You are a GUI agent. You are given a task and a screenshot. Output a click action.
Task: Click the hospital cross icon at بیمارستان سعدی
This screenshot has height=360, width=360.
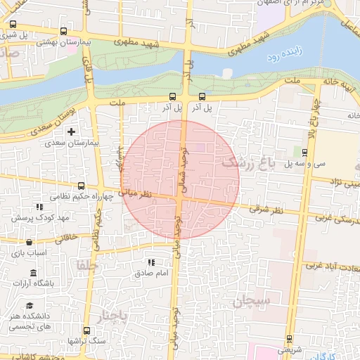[x=70, y=131]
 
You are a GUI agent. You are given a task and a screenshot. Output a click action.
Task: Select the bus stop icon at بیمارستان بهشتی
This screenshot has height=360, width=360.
[x=63, y=32]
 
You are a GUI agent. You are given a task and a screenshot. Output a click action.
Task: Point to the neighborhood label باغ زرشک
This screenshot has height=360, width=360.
[x=246, y=162]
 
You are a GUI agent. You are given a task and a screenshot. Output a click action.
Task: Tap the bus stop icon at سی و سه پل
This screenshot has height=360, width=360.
[x=304, y=152]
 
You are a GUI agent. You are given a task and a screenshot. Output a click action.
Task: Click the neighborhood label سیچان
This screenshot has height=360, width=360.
[x=252, y=301]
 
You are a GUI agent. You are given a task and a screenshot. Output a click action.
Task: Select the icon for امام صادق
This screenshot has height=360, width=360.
[x=149, y=262]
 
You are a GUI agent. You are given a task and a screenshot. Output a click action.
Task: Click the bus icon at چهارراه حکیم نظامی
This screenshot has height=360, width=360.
[x=81, y=186]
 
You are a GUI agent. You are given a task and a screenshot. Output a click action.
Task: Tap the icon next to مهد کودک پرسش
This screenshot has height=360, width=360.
[x=39, y=207]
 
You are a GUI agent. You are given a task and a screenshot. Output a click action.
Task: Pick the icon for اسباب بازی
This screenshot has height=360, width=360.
[x=35, y=240]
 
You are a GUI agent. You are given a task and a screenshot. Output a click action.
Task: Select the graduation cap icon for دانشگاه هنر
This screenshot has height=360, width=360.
[x=30, y=305]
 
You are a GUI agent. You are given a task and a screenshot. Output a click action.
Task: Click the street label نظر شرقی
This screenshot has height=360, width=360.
[x=266, y=210]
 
